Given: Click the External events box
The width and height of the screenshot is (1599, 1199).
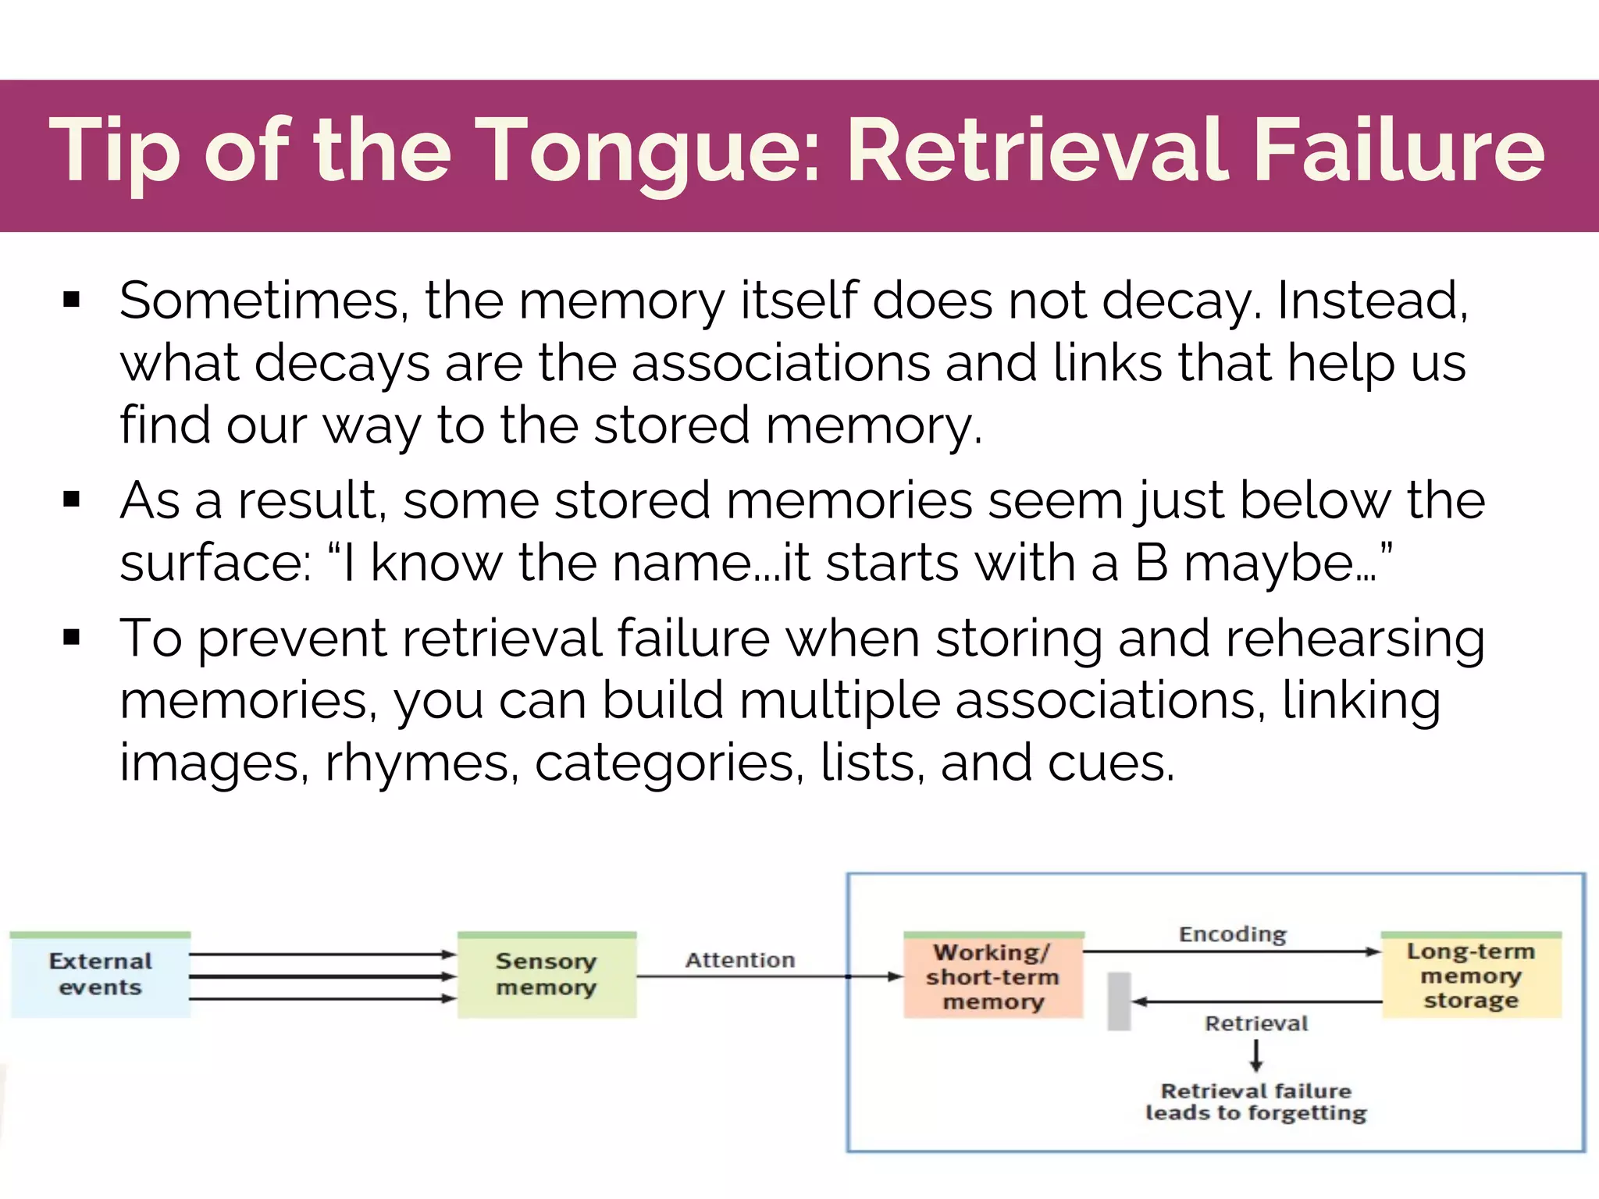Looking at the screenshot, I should pyautogui.click(x=101, y=974).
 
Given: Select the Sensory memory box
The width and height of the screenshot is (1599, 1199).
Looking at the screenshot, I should pyautogui.click(x=547, y=974).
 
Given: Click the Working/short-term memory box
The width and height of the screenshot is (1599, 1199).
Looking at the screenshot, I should pyautogui.click(x=993, y=977).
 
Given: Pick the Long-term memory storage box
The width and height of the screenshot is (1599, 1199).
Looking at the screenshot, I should pyautogui.click(x=1471, y=975).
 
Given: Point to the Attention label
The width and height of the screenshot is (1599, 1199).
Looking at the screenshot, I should pyautogui.click(x=740, y=960).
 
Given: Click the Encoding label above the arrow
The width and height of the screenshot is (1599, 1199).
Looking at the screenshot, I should pyautogui.click(x=1233, y=934).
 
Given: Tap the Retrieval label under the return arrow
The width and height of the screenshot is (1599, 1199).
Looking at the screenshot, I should pyautogui.click(x=1256, y=1023).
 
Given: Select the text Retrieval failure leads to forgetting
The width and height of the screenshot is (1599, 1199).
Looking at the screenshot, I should pyautogui.click(x=1256, y=1101).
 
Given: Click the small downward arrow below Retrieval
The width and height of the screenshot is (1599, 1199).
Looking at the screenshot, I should pyautogui.click(x=1256, y=1055).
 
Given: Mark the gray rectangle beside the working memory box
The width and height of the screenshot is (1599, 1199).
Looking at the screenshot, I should pyautogui.click(x=1120, y=1002).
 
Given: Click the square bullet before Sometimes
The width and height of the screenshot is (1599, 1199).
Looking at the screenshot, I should pyautogui.click(x=72, y=300).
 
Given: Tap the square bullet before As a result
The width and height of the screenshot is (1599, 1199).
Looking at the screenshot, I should pyautogui.click(x=72, y=500).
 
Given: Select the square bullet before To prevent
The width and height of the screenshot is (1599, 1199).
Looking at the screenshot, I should pyautogui.click(x=72, y=638).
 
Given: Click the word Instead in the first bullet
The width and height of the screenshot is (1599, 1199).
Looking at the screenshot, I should pyautogui.click(x=1372, y=301).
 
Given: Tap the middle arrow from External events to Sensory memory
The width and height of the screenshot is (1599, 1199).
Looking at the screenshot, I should pyautogui.click(x=322, y=977).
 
